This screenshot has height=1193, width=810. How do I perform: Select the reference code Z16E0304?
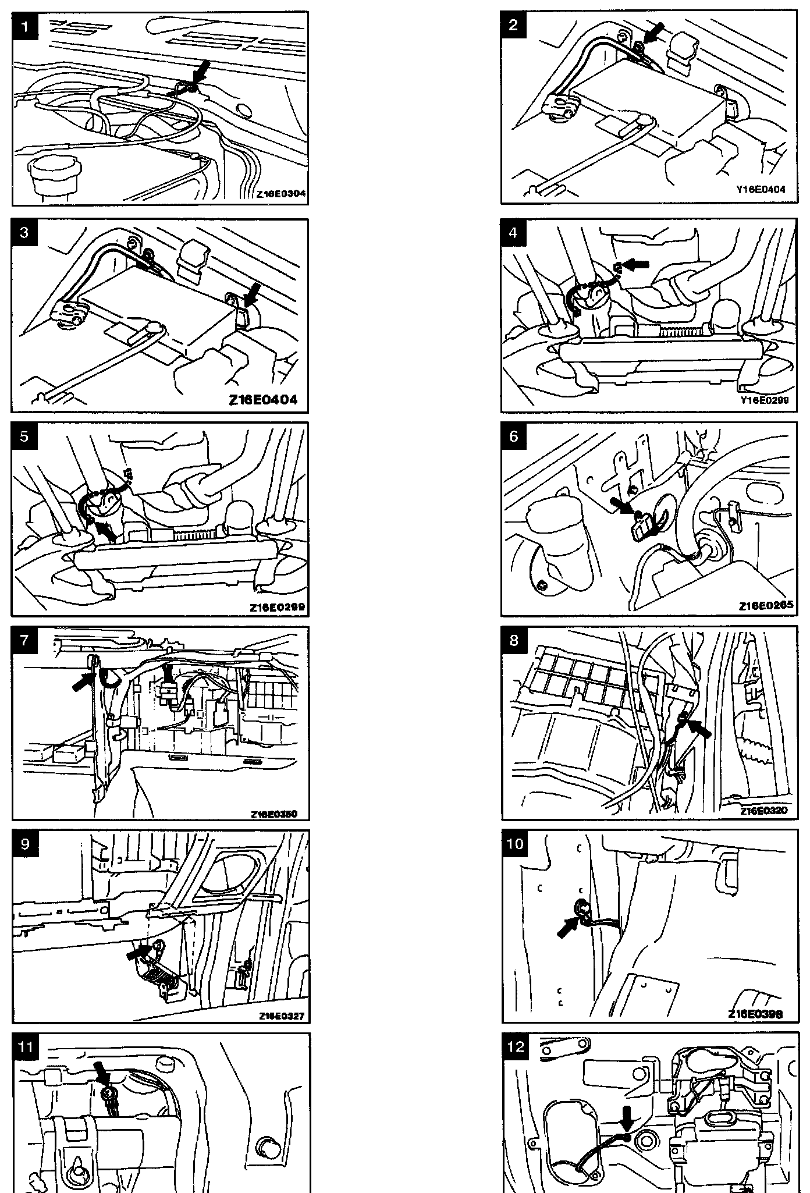(280, 196)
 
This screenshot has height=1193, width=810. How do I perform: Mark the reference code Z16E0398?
(755, 1014)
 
